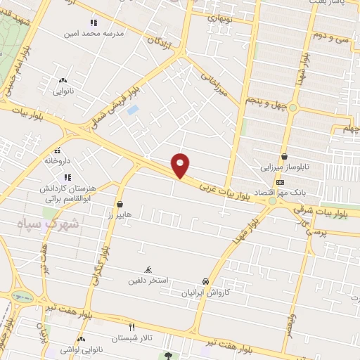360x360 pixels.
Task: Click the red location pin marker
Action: pos(181,165)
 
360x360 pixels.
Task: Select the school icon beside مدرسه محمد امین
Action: pos(93,22)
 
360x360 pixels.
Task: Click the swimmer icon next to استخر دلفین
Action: pos(148,270)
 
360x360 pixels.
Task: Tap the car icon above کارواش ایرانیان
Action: pos(205,281)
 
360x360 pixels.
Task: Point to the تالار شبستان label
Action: pos(131,337)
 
